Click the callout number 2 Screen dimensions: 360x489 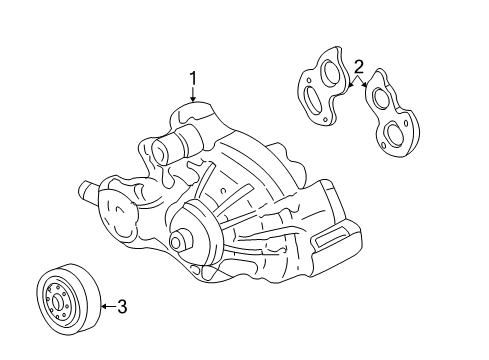(357, 67)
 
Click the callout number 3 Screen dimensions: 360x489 (121, 306)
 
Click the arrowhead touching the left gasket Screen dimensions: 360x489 (345, 87)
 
